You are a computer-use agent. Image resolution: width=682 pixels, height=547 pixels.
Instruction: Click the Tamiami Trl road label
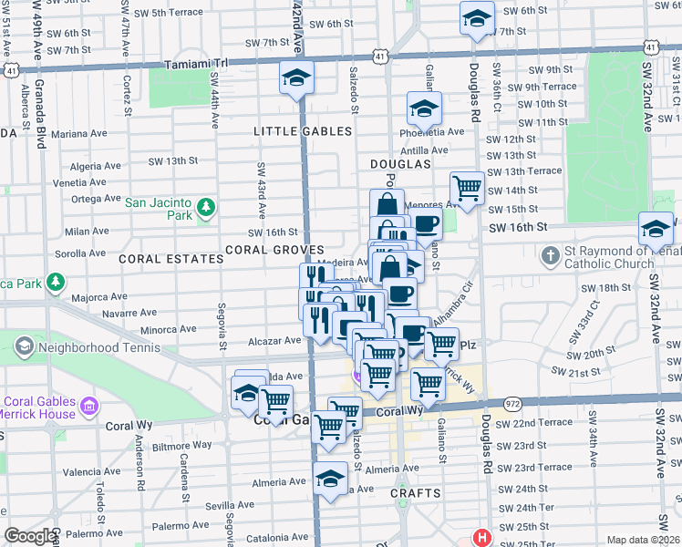point(195,65)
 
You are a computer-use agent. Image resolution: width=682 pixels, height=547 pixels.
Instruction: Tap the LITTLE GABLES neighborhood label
point(303,131)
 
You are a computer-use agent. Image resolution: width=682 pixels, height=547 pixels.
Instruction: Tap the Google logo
point(31,536)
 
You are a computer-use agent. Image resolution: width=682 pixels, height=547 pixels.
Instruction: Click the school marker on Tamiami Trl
point(296,79)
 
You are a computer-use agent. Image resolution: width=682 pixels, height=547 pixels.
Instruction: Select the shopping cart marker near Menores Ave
point(468,188)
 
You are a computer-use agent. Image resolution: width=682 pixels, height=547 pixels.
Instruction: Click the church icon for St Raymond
point(551,256)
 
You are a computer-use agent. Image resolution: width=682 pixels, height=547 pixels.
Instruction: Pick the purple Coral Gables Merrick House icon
point(89,405)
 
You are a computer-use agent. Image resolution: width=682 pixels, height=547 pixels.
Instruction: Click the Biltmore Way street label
point(181,446)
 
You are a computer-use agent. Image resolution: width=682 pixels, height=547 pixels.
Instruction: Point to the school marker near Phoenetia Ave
point(423,109)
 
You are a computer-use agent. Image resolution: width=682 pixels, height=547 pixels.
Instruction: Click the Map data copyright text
point(643,540)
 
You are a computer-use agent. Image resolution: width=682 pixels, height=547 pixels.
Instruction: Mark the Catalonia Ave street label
point(190,541)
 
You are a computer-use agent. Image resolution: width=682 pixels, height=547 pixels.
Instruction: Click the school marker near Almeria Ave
point(330,477)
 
